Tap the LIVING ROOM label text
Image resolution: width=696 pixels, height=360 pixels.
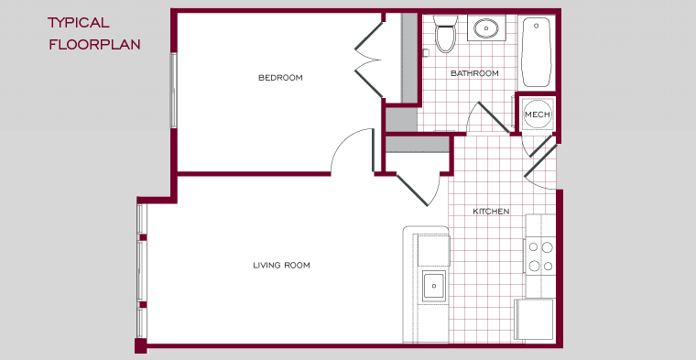(x=281, y=266)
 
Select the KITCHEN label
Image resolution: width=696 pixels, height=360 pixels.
(x=491, y=212)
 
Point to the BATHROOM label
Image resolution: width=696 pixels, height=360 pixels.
(x=474, y=73)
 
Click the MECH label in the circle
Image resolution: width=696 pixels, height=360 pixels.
(x=538, y=115)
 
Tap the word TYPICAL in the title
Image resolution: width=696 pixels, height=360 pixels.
(x=79, y=23)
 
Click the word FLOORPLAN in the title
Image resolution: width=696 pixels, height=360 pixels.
(x=94, y=44)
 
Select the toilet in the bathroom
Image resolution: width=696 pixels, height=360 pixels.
(x=446, y=33)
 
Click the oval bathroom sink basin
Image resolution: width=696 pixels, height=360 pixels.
(x=486, y=29)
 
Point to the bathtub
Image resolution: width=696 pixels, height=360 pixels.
(x=537, y=52)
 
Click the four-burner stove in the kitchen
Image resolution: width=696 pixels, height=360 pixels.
(x=540, y=256)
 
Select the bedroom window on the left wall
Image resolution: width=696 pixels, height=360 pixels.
(x=174, y=91)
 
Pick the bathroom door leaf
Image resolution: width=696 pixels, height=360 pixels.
(x=494, y=117)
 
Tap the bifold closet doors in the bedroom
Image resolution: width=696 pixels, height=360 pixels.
(x=369, y=60)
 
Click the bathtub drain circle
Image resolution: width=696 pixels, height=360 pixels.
(x=537, y=26)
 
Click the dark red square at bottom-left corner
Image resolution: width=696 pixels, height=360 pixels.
(x=141, y=346)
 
